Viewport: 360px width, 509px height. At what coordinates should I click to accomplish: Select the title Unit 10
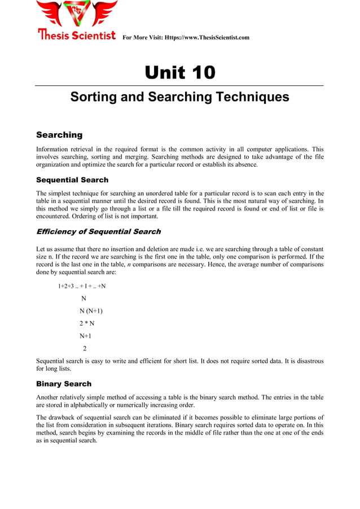tap(179, 73)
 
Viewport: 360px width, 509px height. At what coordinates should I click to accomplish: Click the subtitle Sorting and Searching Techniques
tap(179, 97)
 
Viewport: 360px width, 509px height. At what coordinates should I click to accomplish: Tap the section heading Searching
tap(59, 135)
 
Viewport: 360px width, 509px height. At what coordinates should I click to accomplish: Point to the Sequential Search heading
tap(72, 180)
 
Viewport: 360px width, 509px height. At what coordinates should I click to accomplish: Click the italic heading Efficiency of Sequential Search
tap(98, 231)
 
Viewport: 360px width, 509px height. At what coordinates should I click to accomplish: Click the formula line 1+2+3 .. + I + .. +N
tap(82, 286)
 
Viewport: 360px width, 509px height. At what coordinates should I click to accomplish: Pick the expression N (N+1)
tap(91, 311)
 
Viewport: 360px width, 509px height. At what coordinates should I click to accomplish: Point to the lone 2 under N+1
tap(85, 348)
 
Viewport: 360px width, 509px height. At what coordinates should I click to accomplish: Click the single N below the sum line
tap(84, 299)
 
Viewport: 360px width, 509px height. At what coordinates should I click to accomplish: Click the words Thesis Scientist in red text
tap(77, 36)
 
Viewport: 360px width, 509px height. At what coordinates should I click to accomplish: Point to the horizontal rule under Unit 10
tap(179, 85)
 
